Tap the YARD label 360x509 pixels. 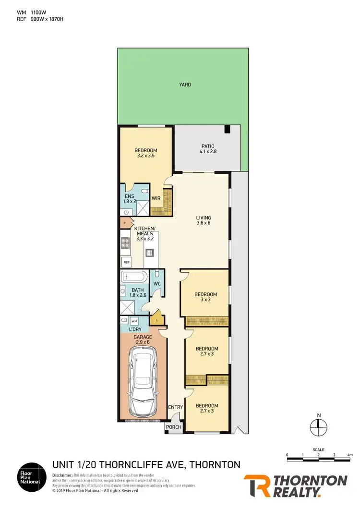pos(185,85)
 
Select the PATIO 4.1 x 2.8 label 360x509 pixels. pos(207,149)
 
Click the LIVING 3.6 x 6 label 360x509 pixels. pos(204,220)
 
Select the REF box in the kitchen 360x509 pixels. pos(127,262)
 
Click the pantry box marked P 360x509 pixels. pos(125,223)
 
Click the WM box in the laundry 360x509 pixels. pos(134,320)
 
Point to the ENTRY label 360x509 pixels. pos(175,407)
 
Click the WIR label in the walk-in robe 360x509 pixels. pos(156,198)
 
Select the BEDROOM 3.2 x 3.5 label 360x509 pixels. pos(145,153)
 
